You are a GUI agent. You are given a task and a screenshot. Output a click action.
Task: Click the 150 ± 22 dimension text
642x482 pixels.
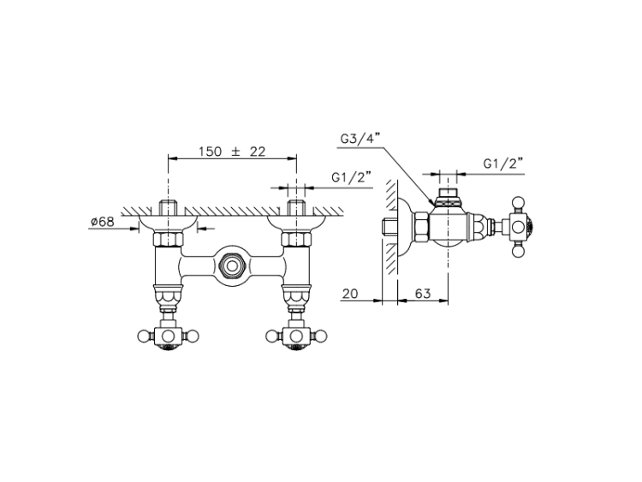[x=232, y=152]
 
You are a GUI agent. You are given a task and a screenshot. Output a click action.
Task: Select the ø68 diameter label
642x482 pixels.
[x=103, y=222]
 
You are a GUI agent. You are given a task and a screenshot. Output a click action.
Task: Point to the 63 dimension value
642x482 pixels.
[x=423, y=293]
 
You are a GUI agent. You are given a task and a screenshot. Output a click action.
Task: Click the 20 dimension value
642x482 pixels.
[x=349, y=293]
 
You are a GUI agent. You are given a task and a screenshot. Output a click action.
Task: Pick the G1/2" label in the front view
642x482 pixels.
[x=351, y=177]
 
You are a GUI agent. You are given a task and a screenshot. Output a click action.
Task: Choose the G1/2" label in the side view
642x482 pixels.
[x=503, y=164]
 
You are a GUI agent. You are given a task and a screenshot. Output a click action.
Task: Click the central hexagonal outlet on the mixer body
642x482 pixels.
[x=232, y=265]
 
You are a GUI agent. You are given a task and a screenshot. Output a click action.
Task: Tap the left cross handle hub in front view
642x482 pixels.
[x=168, y=336]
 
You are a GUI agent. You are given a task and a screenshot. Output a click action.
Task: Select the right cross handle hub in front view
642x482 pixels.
[x=296, y=336]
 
